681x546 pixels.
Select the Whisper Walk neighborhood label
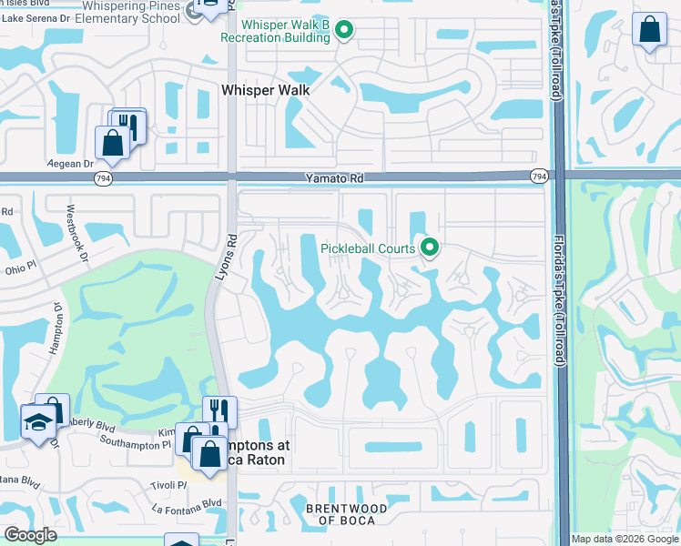(x=266, y=90)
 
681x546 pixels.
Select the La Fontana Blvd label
(x=188, y=503)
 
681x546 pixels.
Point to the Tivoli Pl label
(x=169, y=485)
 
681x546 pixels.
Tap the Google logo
(x=30, y=535)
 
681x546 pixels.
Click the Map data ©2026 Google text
(x=624, y=539)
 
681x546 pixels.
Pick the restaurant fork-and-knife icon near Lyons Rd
(x=219, y=410)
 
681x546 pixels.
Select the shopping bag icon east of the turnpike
(x=649, y=29)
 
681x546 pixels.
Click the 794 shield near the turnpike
(x=539, y=175)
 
